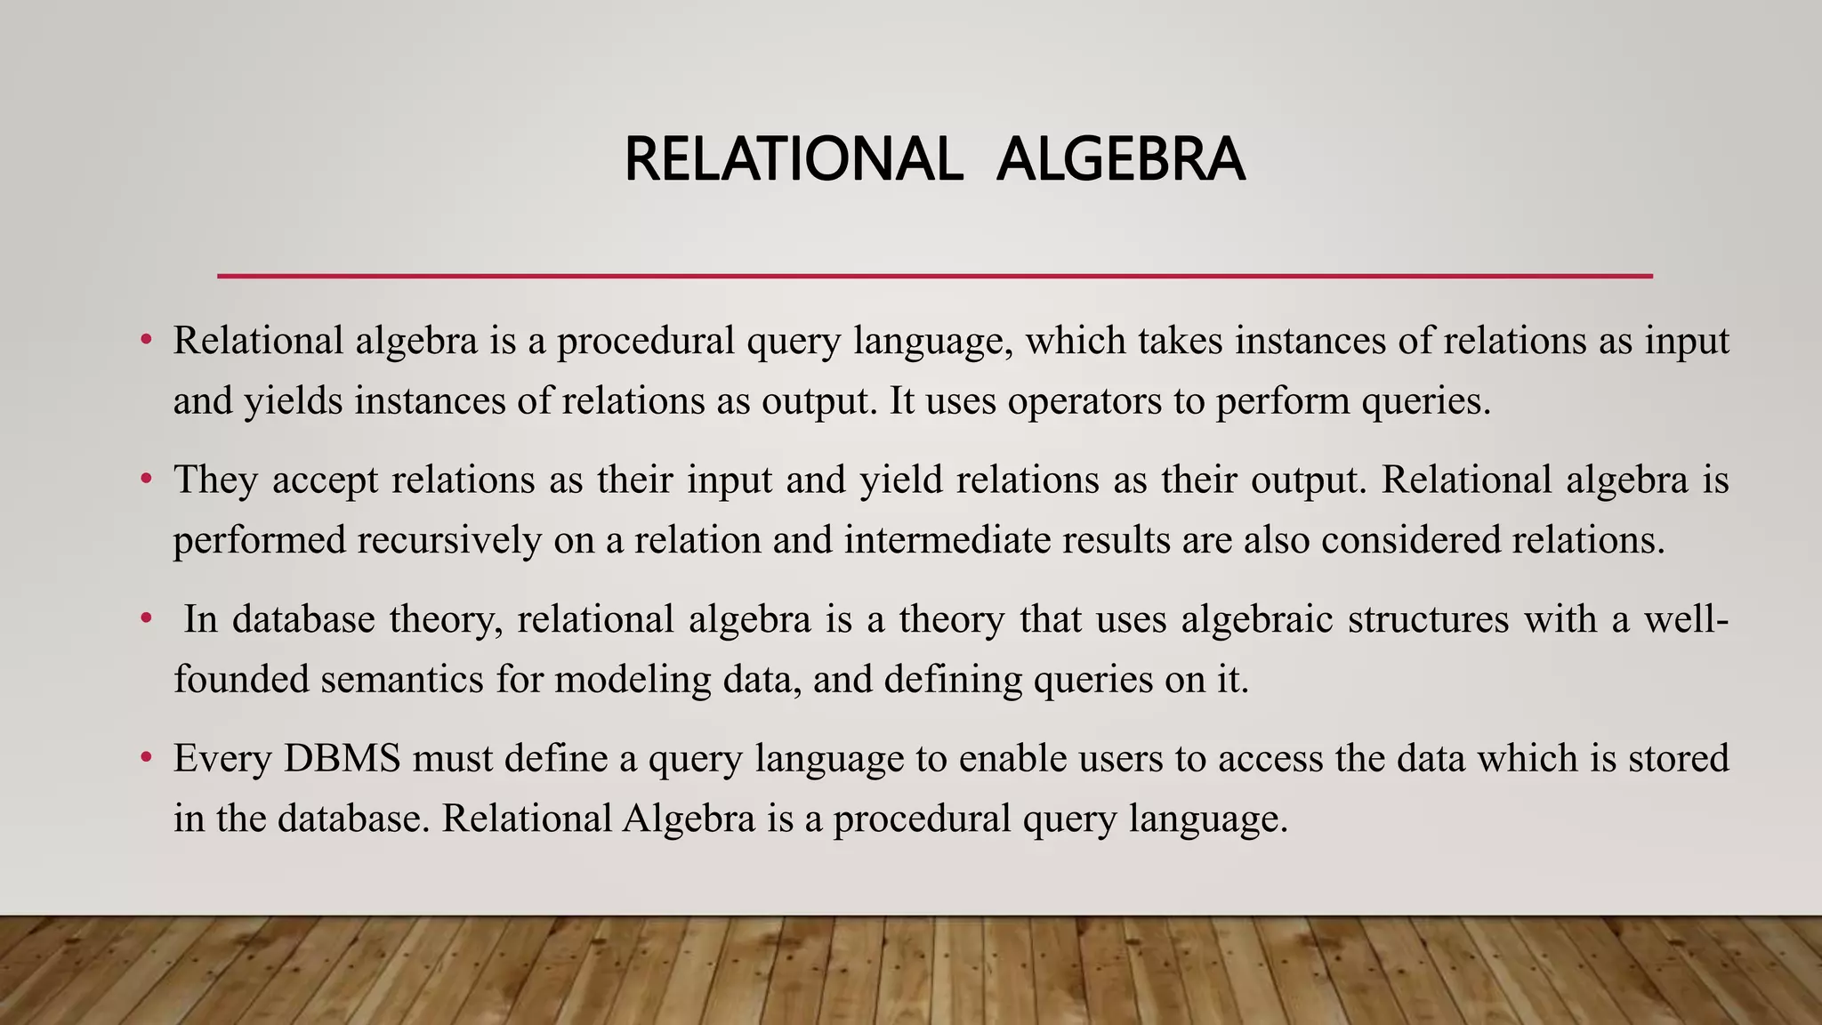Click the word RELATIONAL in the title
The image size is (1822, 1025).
[x=793, y=160]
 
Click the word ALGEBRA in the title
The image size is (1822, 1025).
[x=1120, y=160]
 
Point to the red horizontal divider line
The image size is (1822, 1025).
[x=934, y=277]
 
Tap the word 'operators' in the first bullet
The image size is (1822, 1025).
[x=1084, y=401]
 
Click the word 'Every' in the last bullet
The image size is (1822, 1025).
[x=222, y=759]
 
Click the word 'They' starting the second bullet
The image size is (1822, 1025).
[x=215, y=480]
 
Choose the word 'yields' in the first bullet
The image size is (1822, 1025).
[x=293, y=401]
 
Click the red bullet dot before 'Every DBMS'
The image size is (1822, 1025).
[x=147, y=759]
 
